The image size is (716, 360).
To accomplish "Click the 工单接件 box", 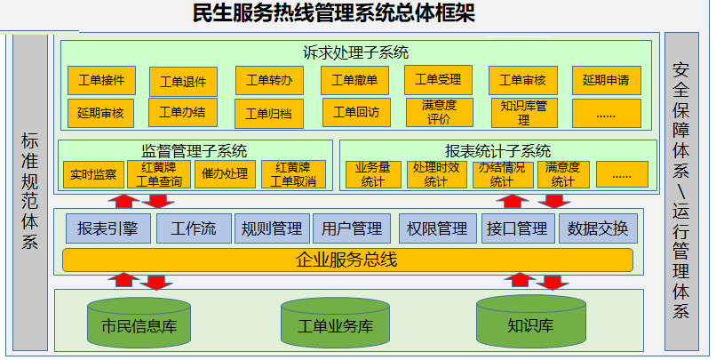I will click(101, 80).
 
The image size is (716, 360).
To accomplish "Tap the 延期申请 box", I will click(607, 80).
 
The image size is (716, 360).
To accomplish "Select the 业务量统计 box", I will click(378, 174).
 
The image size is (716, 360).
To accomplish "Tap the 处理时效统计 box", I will click(436, 174).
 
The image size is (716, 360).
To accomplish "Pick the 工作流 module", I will click(194, 228).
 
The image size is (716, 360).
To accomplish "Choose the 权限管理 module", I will click(436, 228).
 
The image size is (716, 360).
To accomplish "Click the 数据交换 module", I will click(598, 228).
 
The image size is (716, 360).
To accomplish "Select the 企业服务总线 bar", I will click(347, 260).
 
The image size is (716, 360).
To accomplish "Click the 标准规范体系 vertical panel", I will click(29, 191).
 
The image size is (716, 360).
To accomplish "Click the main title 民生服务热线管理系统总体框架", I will click(346, 13).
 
